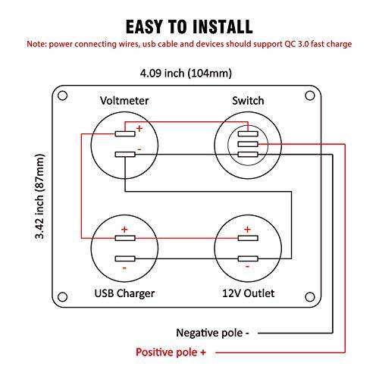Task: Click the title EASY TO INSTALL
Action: coord(189,27)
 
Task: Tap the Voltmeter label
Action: coord(124,101)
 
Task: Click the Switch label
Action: coord(246,101)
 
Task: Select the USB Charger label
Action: coord(124,293)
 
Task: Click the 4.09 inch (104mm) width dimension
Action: coord(186,74)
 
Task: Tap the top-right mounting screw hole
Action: coord(309,96)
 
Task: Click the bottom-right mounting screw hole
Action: coord(309,296)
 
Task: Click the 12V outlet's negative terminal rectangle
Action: coord(246,258)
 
